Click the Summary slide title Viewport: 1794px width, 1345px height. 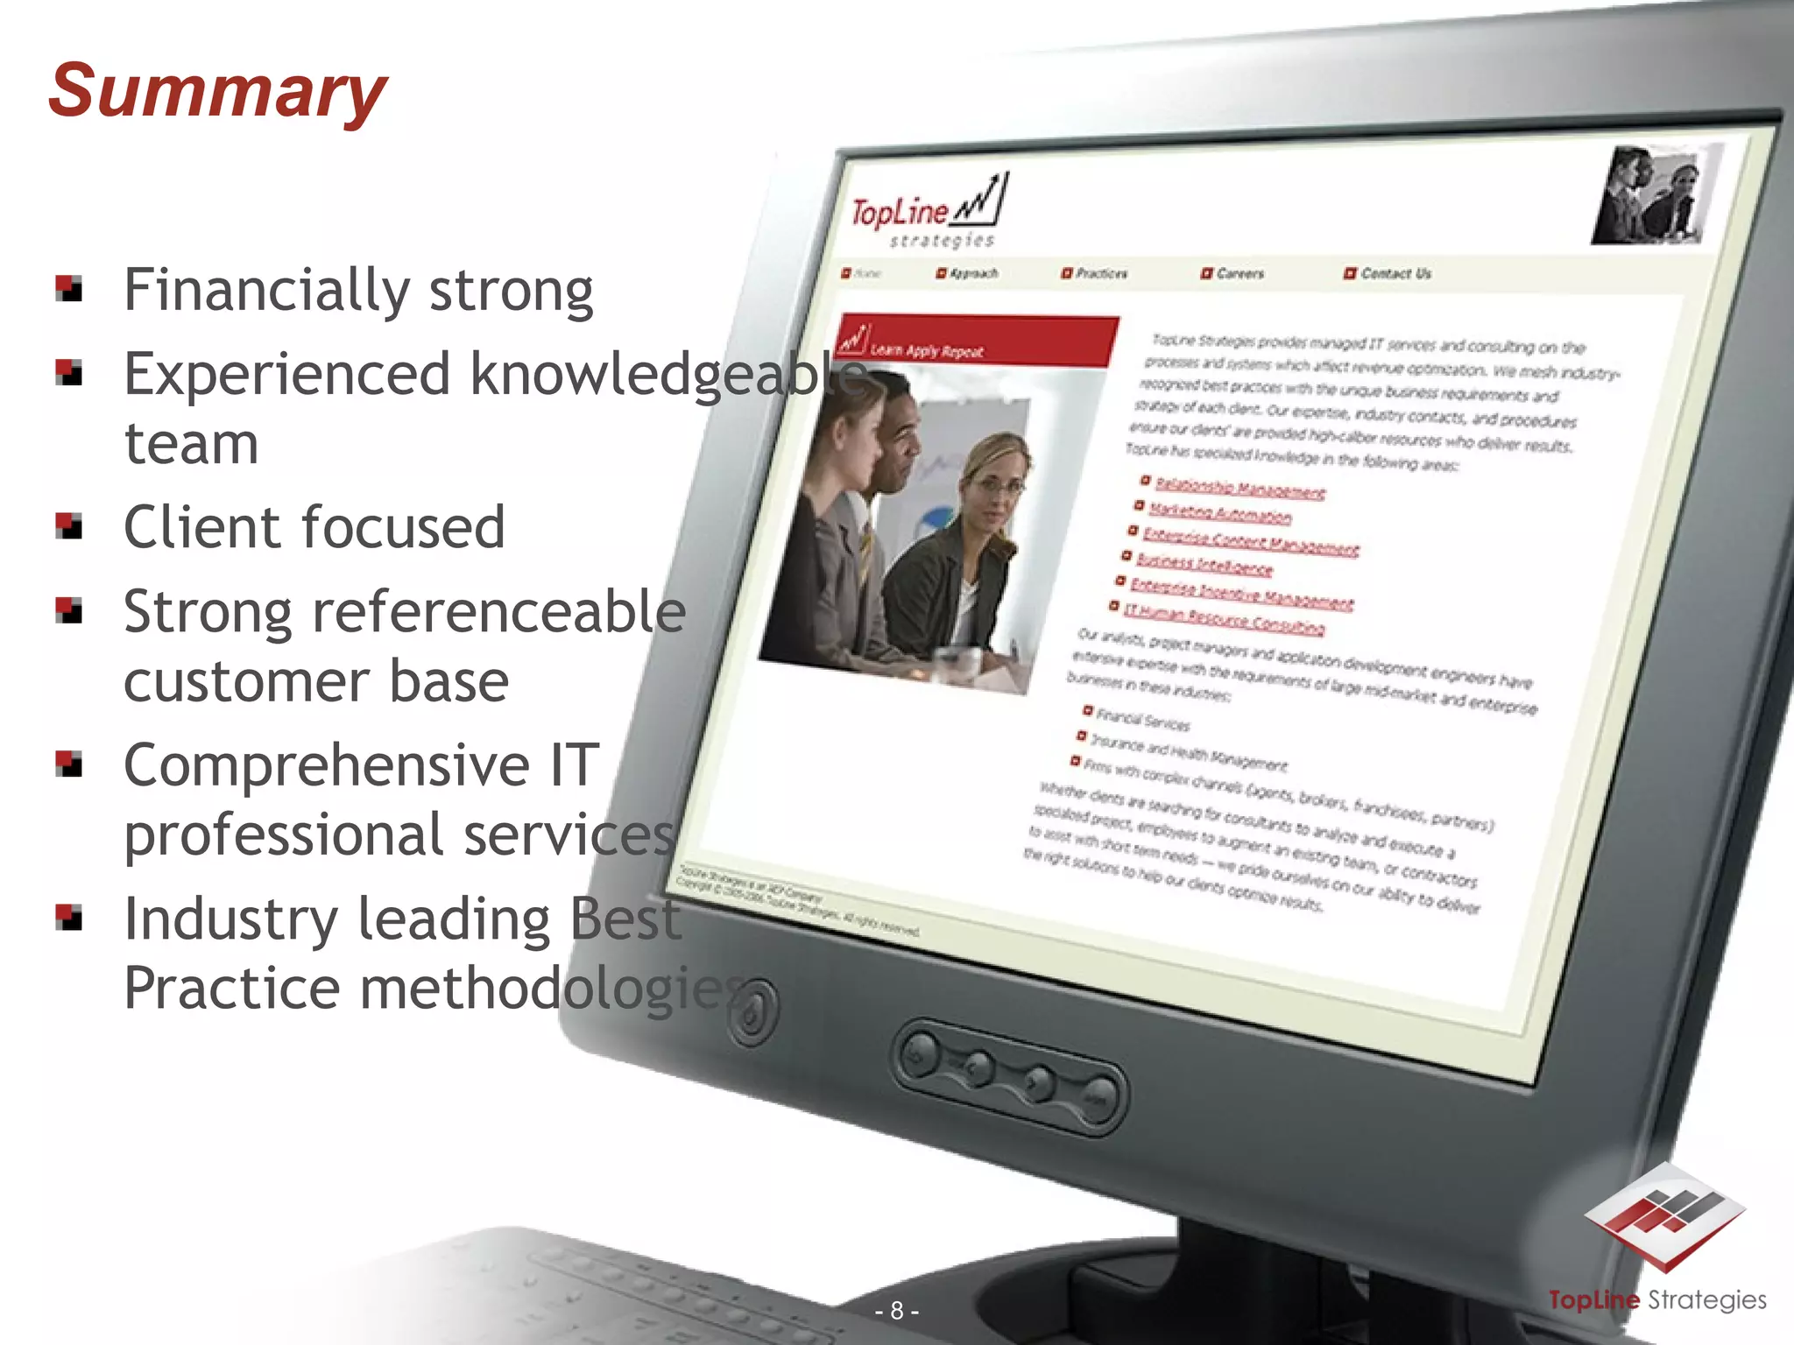coord(217,91)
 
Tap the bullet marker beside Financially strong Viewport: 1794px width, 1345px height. coord(69,288)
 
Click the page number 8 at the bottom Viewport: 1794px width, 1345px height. coord(897,1311)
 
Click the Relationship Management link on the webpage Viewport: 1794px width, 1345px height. coord(1240,489)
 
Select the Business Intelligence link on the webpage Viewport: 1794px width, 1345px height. coord(1204,564)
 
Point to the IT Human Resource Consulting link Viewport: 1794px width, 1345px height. coord(1224,619)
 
